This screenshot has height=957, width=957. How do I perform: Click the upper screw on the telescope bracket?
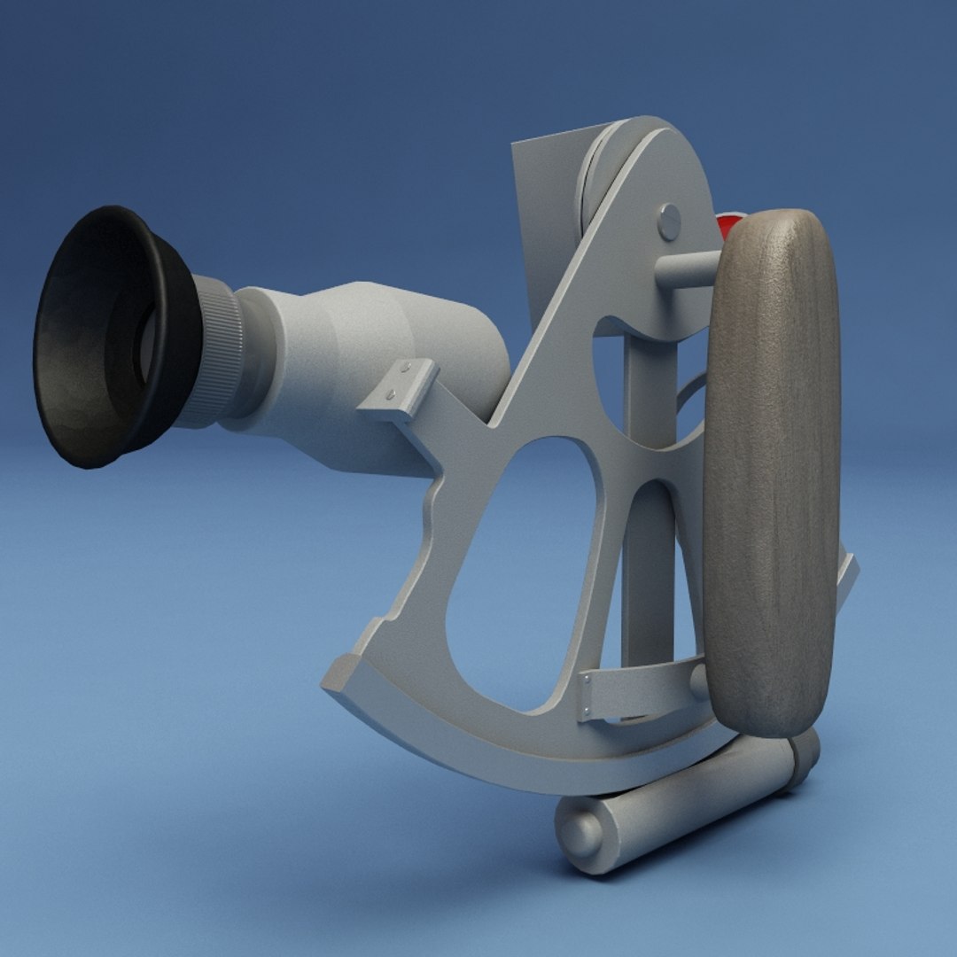click(405, 365)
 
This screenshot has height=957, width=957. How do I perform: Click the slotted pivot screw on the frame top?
click(670, 222)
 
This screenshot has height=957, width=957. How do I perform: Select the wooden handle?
click(771, 470)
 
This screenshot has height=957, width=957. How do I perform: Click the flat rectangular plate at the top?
click(541, 204)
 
